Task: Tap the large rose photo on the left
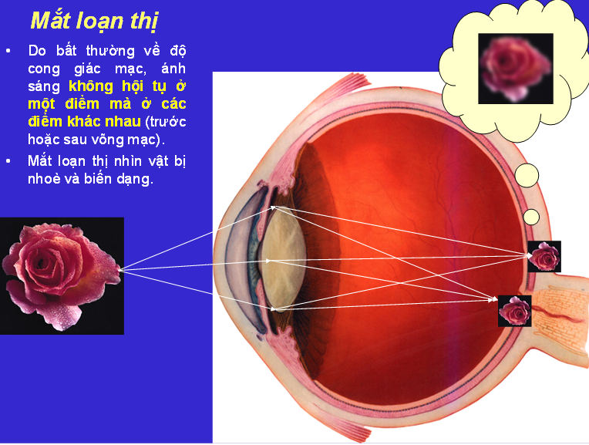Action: [62, 275]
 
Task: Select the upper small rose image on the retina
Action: [544, 256]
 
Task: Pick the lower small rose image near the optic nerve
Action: [514, 311]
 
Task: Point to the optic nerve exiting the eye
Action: [559, 316]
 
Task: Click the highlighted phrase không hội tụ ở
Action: [127, 86]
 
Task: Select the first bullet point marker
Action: [8, 51]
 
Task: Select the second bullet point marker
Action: [8, 161]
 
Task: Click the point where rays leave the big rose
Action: [121, 269]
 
